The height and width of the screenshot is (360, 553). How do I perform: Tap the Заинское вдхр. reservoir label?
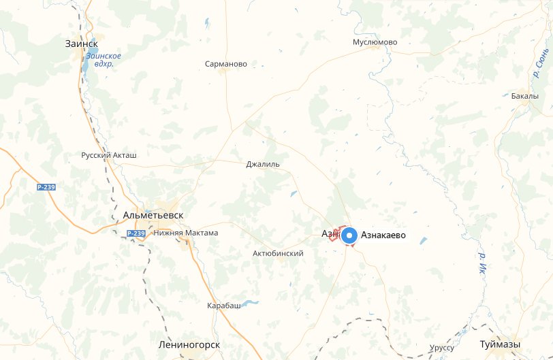click(x=104, y=59)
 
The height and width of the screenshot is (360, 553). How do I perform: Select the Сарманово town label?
click(x=226, y=64)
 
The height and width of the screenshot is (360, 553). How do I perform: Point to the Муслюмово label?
click(x=375, y=42)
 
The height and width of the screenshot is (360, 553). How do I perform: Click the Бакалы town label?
click(x=524, y=96)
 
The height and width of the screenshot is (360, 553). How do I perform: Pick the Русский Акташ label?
click(x=109, y=155)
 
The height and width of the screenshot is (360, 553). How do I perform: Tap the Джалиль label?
click(x=263, y=164)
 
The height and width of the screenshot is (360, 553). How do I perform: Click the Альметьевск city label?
click(x=153, y=215)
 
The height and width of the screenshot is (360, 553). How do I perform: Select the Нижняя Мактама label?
click(x=186, y=233)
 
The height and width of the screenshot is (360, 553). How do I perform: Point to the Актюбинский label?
click(x=278, y=253)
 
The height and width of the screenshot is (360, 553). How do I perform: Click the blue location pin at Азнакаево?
click(x=349, y=236)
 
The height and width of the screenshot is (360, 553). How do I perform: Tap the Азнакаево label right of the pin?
click(x=383, y=235)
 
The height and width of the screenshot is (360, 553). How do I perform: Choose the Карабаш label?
click(x=224, y=306)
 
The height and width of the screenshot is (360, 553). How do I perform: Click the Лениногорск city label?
click(x=188, y=344)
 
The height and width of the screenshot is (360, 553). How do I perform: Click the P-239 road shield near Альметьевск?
click(x=136, y=233)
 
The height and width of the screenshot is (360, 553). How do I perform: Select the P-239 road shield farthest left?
click(x=46, y=186)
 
